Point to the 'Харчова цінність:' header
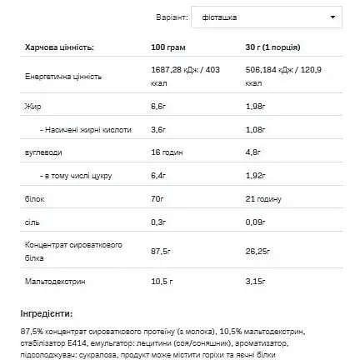pyautogui.click(x=37, y=38)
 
